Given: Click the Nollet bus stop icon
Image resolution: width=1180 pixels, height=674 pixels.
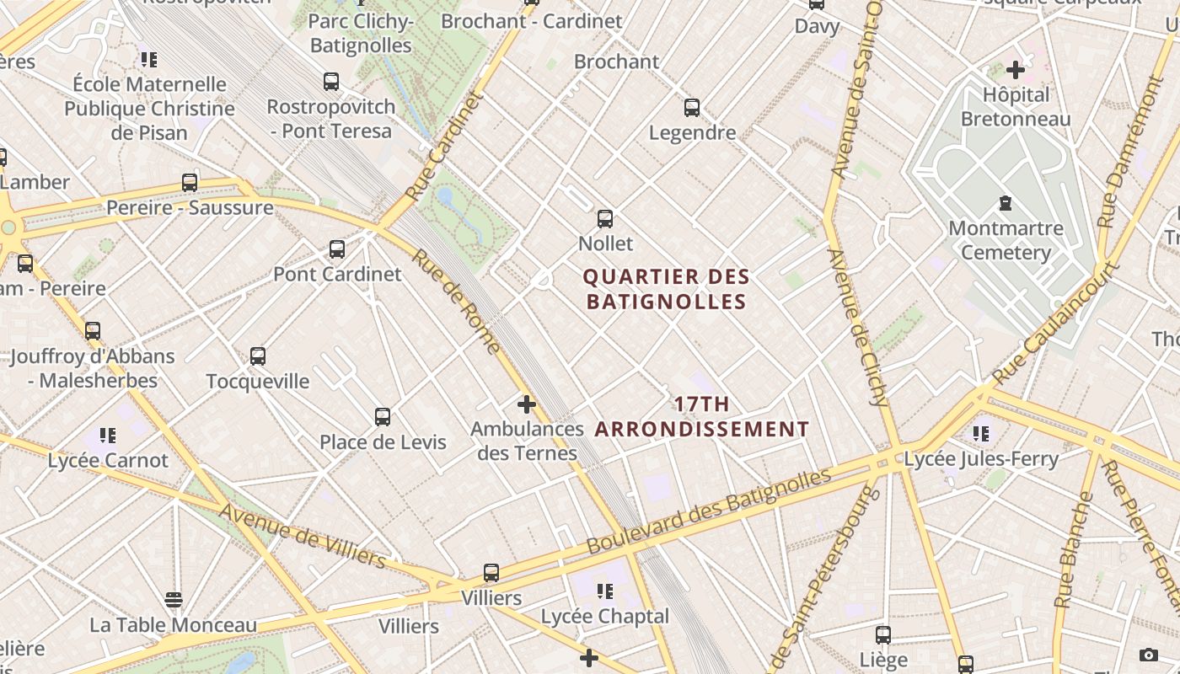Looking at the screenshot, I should (604, 219).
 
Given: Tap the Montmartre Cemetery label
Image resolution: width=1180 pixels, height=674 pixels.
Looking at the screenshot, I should (1006, 240).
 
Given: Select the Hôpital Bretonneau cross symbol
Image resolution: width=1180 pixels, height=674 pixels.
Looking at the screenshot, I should (1015, 70).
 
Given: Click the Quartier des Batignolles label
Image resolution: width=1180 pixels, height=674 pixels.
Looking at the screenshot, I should (666, 289).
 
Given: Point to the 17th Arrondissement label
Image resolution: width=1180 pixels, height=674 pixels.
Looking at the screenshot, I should (701, 417).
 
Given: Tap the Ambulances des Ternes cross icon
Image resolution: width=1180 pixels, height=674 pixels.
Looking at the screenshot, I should (527, 404).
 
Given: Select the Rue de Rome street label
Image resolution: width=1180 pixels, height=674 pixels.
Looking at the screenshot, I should (456, 301).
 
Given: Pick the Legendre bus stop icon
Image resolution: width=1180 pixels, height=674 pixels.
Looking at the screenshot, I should (692, 108).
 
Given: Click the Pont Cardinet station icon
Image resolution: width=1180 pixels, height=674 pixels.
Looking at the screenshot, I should (337, 249).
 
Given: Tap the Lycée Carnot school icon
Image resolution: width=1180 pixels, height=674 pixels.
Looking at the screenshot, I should (108, 436).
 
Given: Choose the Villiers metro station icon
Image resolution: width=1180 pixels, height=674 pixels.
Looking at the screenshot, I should (491, 573).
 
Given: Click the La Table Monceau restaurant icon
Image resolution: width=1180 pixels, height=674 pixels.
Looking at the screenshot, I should (174, 600).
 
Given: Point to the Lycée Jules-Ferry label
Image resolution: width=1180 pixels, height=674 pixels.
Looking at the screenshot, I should (980, 459).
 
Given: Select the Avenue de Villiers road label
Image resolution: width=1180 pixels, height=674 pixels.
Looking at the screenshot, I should (303, 535).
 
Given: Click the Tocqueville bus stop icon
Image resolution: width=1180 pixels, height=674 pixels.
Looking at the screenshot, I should (258, 356).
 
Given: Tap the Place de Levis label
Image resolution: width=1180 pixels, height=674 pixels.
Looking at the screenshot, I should (383, 441).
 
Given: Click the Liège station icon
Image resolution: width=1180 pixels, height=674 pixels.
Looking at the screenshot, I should (882, 635).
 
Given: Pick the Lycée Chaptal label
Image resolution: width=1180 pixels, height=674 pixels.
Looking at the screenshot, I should (604, 616).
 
